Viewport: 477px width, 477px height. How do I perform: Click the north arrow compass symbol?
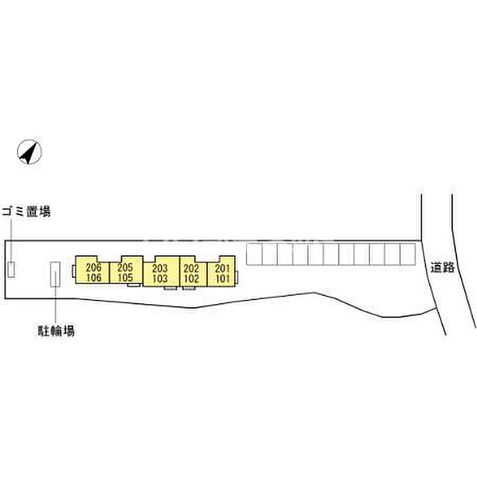pyautogui.click(x=29, y=152)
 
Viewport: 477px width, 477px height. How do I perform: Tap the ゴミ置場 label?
pyautogui.click(x=26, y=212)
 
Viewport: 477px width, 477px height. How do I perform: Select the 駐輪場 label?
pyautogui.click(x=57, y=330)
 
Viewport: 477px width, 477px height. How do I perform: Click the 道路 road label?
pyautogui.click(x=443, y=267)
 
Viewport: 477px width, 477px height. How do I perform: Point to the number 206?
pyautogui.click(x=93, y=267)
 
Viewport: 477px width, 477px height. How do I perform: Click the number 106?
pyautogui.click(x=93, y=277)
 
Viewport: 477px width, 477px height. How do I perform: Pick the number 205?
pyautogui.click(x=125, y=267)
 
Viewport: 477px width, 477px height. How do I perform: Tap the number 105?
pyautogui.click(x=125, y=277)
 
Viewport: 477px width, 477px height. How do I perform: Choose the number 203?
pyautogui.click(x=159, y=268)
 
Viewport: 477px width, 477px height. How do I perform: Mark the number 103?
pyautogui.click(x=159, y=278)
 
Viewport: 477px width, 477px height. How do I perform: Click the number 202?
pyautogui.click(x=191, y=268)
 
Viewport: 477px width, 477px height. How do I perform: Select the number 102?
pyautogui.click(x=191, y=278)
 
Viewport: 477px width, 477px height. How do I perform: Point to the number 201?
pyautogui.click(x=222, y=268)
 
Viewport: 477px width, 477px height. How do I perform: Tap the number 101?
pyautogui.click(x=222, y=278)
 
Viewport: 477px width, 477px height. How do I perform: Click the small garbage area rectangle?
pyautogui.click(x=12, y=269)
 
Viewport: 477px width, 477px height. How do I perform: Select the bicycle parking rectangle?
pyautogui.click(x=55, y=274)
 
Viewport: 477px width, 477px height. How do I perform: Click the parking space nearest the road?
pyautogui.click(x=407, y=254)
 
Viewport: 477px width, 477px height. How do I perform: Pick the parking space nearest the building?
pyautogui.click(x=254, y=254)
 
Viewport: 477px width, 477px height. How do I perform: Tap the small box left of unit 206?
pyautogui.click(x=74, y=271)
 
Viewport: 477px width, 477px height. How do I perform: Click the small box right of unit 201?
pyautogui.click(x=236, y=277)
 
